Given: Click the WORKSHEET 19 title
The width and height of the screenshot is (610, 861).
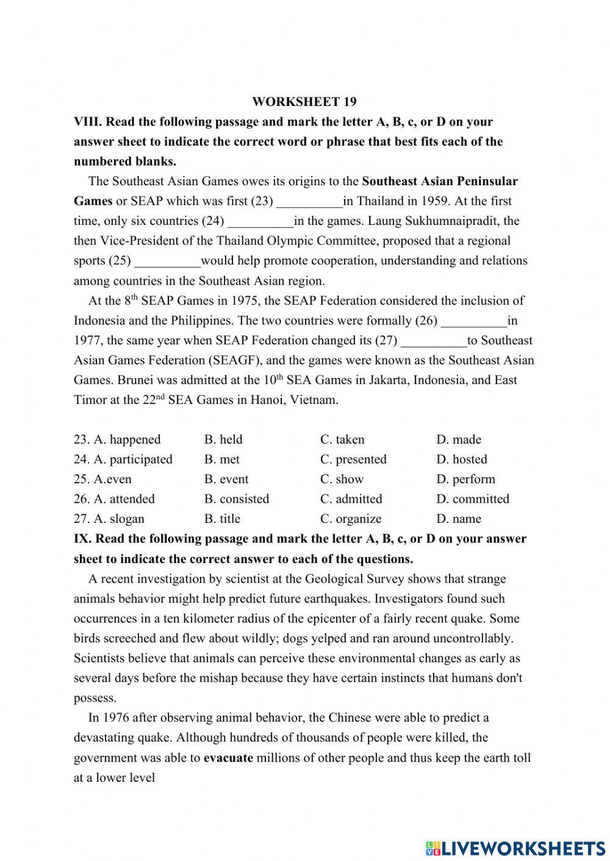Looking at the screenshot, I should (x=304, y=102).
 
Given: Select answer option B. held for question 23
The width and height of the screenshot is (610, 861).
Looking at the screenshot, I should (x=223, y=439).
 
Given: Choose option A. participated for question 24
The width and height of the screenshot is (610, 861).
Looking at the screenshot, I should (x=123, y=459).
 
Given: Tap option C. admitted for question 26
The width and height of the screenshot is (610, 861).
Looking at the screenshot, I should (x=351, y=498).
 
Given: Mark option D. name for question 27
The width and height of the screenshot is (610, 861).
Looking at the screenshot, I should (x=459, y=519).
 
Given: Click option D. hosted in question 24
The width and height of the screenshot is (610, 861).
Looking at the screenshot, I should (x=462, y=459).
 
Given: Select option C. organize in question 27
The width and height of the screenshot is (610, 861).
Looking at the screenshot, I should (x=351, y=519).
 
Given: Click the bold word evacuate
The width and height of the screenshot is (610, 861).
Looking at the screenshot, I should (x=228, y=758).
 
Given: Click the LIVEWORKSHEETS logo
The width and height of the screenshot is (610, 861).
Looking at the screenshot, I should (x=515, y=848).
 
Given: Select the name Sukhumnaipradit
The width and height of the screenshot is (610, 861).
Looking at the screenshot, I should (x=453, y=221).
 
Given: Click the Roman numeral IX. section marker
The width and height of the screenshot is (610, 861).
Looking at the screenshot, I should (x=82, y=539).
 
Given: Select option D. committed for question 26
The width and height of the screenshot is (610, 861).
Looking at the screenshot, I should (x=473, y=498).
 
